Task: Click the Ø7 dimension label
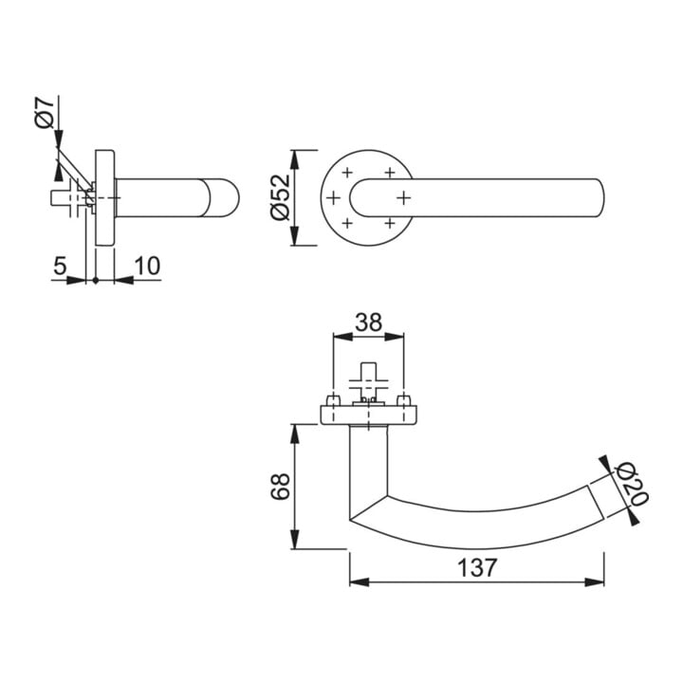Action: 45,113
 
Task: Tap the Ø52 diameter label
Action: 280,197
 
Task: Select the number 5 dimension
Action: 60,266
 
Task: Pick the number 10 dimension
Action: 147,266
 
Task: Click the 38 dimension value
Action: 368,323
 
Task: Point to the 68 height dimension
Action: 280,486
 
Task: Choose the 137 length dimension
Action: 477,567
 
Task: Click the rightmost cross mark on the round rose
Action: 404,198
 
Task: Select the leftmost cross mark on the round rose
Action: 333,198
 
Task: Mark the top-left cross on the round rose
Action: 347,173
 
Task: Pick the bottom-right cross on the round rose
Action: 390,224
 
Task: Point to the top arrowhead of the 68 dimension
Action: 295,434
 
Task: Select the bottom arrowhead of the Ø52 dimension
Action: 295,235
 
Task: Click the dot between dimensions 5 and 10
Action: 96,281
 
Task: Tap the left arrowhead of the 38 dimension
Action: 342,336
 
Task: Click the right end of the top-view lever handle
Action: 603,197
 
